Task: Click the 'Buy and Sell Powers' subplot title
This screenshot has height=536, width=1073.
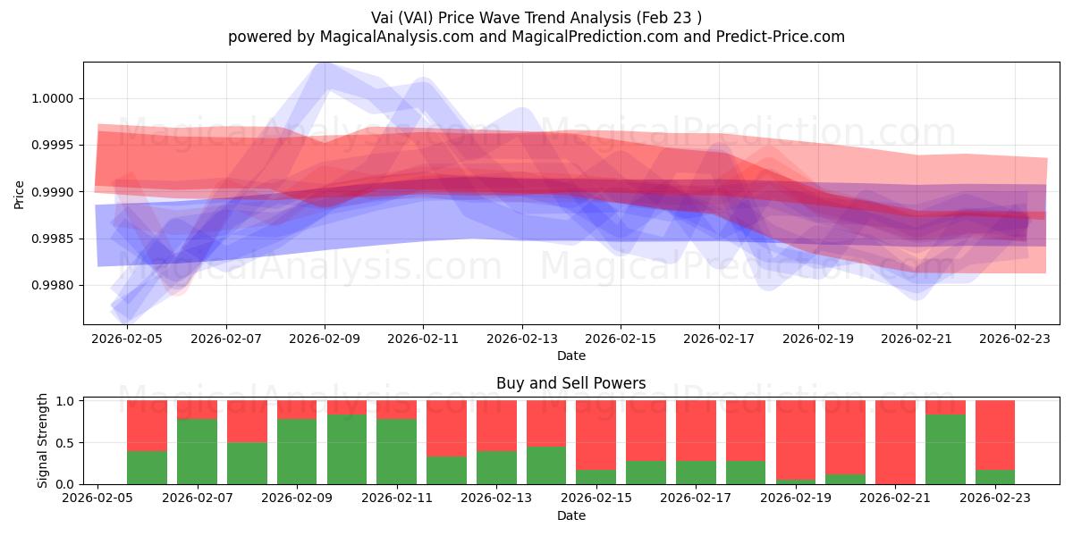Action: click(x=570, y=383)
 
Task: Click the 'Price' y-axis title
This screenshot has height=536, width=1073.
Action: click(x=20, y=193)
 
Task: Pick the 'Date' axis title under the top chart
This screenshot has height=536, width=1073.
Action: click(x=570, y=356)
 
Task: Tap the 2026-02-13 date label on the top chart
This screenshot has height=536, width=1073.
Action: click(x=521, y=339)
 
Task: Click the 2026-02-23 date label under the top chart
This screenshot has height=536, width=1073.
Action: click(x=1014, y=339)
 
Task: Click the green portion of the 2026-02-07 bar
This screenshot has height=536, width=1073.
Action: click(x=197, y=451)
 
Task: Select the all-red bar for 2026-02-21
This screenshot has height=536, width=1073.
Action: click(x=895, y=442)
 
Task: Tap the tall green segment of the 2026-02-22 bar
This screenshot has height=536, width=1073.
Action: click(x=945, y=449)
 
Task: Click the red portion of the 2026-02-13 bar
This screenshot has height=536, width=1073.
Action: click(x=496, y=425)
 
